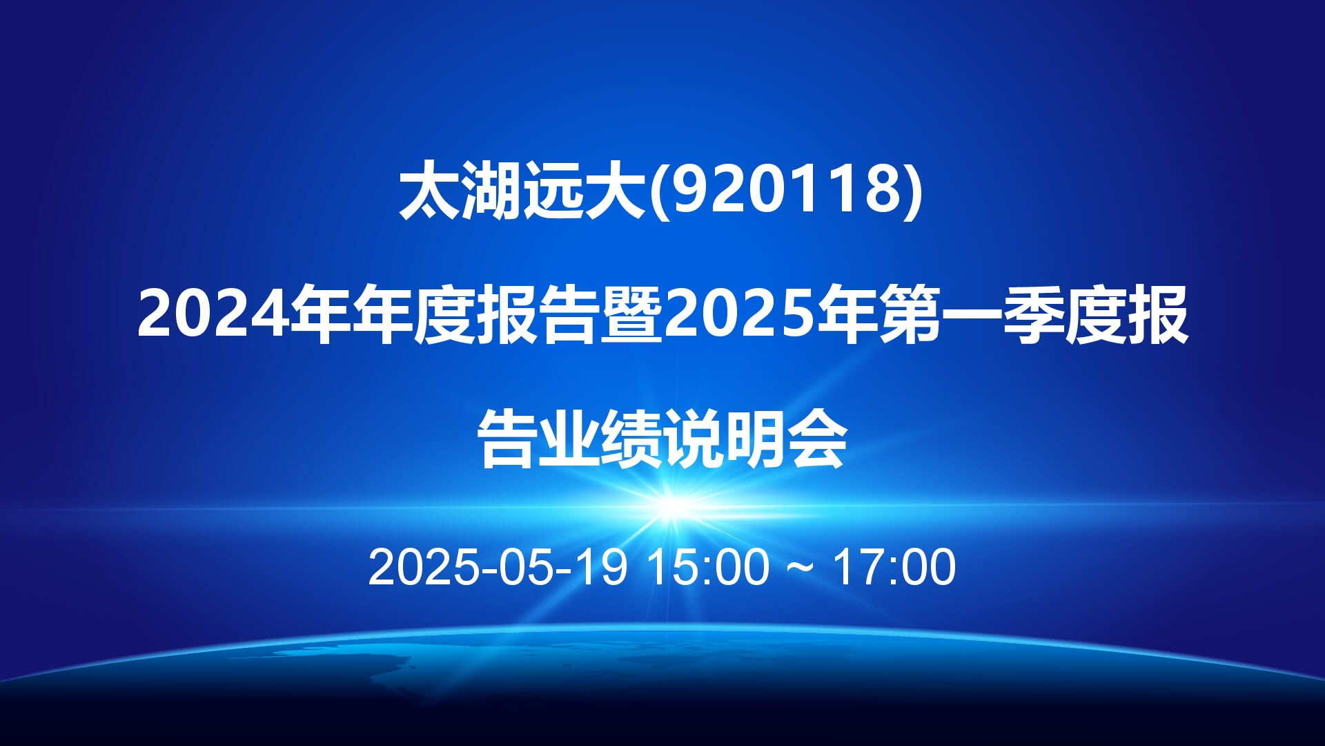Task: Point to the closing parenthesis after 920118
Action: pyautogui.click(x=913, y=192)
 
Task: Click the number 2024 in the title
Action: pyautogui.click(x=213, y=314)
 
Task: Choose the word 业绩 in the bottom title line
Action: pyautogui.click(x=600, y=439)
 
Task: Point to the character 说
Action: pyautogui.click(x=693, y=439)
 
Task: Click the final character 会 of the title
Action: pyautogui.click(x=817, y=439)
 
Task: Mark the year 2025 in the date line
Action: pyautogui.click(x=423, y=567)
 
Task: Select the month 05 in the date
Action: pyautogui.click(x=527, y=567)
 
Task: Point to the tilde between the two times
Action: pyautogui.click(x=801, y=568)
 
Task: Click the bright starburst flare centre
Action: pyautogui.click(x=673, y=508)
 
